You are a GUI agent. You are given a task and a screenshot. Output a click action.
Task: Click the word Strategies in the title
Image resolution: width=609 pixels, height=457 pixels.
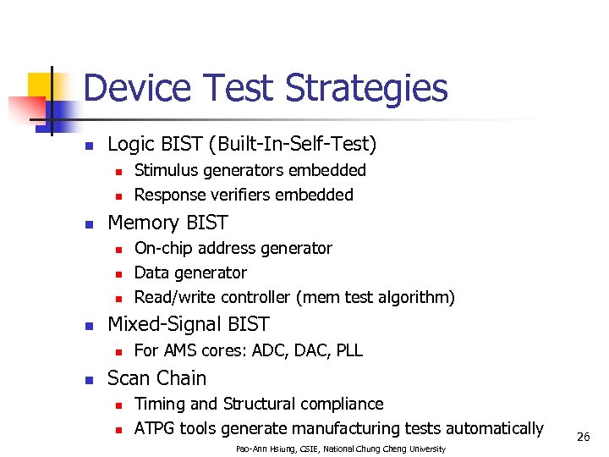click(366, 89)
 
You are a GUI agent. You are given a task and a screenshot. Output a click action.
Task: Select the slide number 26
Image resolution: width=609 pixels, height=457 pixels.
click(583, 437)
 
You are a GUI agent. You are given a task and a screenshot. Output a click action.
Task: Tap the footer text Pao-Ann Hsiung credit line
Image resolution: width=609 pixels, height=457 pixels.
click(340, 448)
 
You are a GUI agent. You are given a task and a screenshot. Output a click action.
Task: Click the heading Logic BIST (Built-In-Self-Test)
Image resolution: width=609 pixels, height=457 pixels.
click(242, 145)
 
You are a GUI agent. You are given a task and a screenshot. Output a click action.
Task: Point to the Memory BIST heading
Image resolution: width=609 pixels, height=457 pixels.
click(167, 223)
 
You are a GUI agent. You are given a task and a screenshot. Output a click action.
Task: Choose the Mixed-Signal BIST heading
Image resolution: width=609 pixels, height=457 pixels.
click(189, 324)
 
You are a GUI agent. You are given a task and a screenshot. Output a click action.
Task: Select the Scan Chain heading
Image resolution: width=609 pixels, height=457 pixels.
click(157, 378)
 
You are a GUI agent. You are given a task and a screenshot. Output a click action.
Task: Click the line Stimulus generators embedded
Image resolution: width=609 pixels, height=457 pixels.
click(250, 170)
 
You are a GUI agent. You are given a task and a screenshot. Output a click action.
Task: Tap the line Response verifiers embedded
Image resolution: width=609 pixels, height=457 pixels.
click(244, 195)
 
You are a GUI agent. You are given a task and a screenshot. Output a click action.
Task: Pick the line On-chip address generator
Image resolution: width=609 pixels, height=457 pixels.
click(233, 248)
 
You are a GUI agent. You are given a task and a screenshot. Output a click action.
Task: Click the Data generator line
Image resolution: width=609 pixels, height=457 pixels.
click(190, 273)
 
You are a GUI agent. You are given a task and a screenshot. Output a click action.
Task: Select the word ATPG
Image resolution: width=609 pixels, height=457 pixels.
click(155, 428)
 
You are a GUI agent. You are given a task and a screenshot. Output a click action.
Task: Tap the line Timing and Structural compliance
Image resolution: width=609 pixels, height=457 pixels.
click(259, 404)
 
